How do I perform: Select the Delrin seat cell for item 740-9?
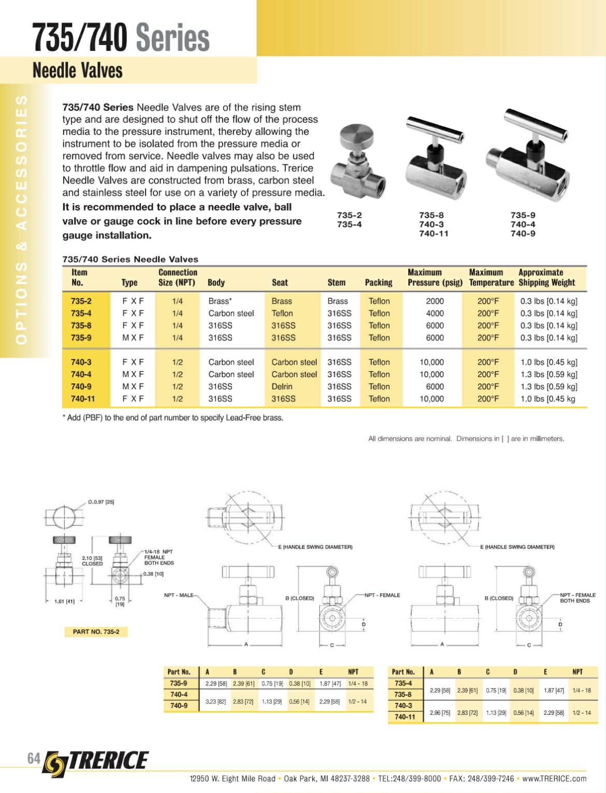[x=282, y=387]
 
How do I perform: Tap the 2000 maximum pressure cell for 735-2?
[x=435, y=301]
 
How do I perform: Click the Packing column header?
[x=378, y=282]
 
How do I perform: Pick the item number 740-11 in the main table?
[x=83, y=399]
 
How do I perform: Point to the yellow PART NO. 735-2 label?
[x=96, y=631]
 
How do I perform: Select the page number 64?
[x=34, y=758]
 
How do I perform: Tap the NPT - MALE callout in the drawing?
[x=179, y=595]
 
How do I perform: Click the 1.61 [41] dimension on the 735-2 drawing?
[x=64, y=602]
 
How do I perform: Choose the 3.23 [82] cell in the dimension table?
[x=215, y=702]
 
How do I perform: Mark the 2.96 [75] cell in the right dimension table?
[x=440, y=713]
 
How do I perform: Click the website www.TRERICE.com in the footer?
[x=554, y=778]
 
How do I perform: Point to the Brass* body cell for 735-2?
[x=220, y=301]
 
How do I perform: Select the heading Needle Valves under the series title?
[x=78, y=70]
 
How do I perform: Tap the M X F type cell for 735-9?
[x=133, y=338]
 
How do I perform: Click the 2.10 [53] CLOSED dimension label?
[x=92, y=561]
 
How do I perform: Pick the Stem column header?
[x=336, y=282]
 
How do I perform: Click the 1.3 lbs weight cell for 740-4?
[x=549, y=374]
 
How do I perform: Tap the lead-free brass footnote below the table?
[x=173, y=418]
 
